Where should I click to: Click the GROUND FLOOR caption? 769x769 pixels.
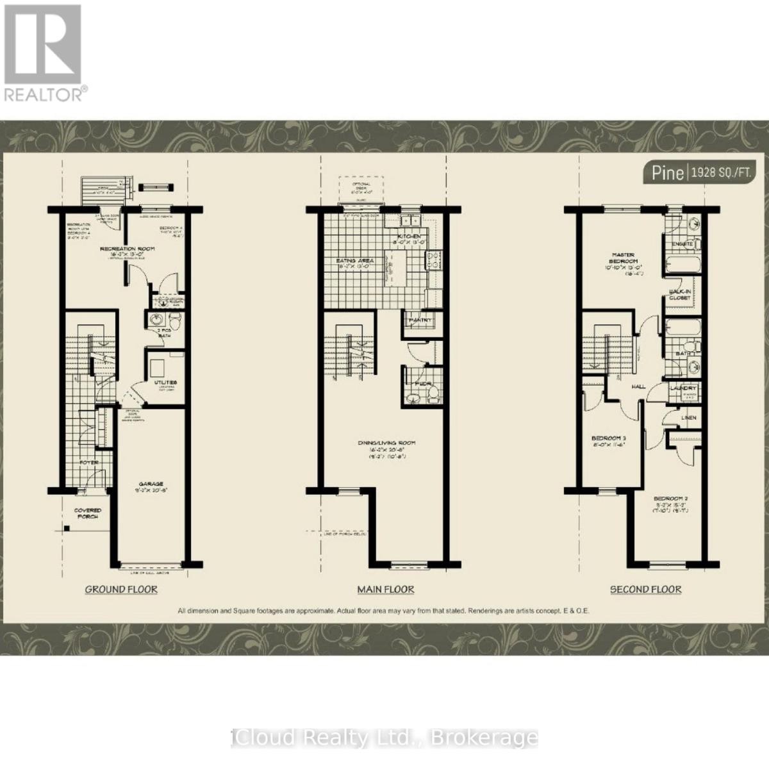121,589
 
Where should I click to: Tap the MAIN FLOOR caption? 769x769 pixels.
386,589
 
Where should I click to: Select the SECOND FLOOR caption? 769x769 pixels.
645,589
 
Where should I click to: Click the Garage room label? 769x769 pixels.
152,484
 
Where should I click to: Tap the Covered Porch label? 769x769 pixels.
87,513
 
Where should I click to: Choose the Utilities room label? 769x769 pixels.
165,382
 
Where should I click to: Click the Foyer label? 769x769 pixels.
88,461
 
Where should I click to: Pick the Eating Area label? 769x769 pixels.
355,261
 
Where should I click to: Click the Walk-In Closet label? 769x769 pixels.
680,294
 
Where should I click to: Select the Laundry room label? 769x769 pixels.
682,388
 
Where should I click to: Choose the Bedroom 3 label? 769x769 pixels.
608,439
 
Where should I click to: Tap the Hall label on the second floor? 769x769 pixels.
638,387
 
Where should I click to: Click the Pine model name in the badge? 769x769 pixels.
667,173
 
